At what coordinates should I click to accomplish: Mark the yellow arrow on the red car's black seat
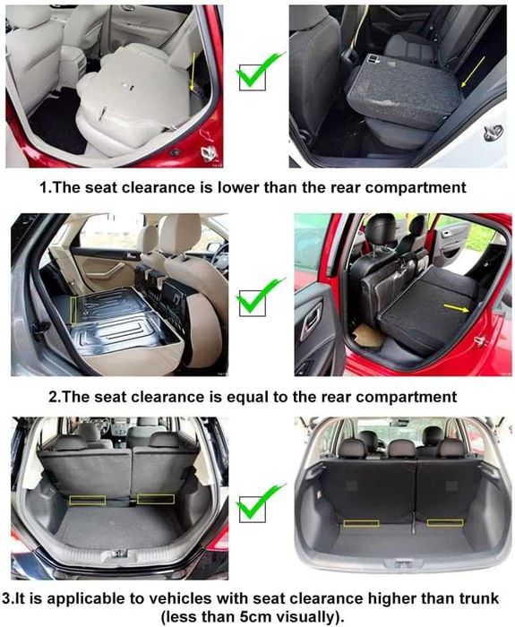click(458, 308)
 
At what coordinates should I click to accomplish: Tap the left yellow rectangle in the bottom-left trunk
click(88, 500)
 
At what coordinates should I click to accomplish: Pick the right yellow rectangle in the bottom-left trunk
click(155, 499)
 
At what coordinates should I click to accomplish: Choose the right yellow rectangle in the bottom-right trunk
click(445, 521)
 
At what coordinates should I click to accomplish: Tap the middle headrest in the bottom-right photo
click(400, 446)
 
